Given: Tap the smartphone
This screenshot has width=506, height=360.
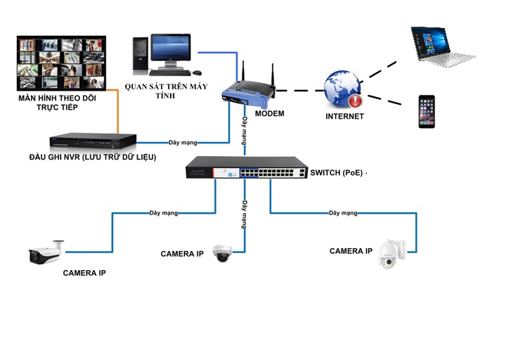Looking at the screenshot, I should pyautogui.click(x=427, y=111).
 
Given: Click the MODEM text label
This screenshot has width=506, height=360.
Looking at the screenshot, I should pyautogui.click(x=269, y=113).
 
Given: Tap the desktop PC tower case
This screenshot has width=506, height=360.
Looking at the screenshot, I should pyautogui.click(x=141, y=55).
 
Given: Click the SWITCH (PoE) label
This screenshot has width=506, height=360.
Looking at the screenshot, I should pyautogui.click(x=339, y=173).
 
